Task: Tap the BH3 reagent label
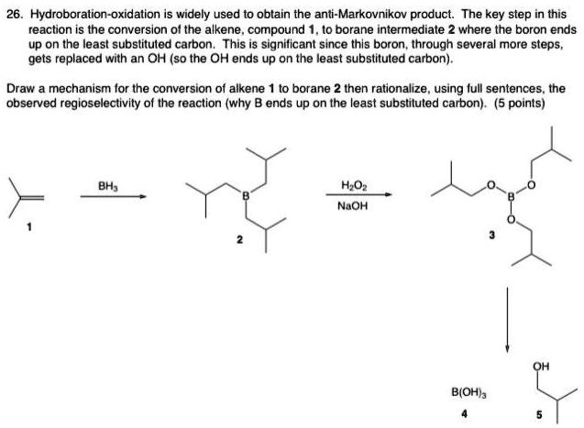click(x=113, y=186)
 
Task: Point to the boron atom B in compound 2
click(x=245, y=195)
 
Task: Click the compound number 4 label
click(x=465, y=413)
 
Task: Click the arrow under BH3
click(x=113, y=195)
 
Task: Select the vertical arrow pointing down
click(x=506, y=321)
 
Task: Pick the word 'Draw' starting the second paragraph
click(x=20, y=90)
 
